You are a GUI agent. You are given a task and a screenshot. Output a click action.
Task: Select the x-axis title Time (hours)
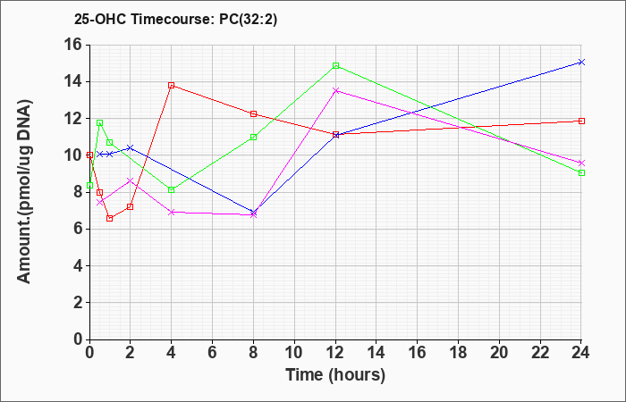[x=335, y=374]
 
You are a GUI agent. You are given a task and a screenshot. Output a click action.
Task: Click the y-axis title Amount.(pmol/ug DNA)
[x=26, y=191]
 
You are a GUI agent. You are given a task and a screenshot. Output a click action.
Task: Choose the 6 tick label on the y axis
[x=76, y=229]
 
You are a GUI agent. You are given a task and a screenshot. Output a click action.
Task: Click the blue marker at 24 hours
[x=581, y=62]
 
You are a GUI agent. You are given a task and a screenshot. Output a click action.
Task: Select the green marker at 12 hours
[x=335, y=65]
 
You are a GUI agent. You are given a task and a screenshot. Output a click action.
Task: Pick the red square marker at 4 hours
[x=171, y=85]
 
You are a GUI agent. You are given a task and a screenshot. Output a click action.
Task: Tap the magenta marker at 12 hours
[x=335, y=90]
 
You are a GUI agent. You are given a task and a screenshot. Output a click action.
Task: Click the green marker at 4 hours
[x=171, y=189]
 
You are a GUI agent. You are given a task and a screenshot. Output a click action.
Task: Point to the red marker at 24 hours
[x=581, y=121]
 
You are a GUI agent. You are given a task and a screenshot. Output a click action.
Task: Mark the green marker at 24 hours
[x=581, y=172]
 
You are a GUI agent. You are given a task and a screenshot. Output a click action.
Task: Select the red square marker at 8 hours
[x=253, y=114]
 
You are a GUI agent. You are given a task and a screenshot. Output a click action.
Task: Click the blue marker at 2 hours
[x=130, y=147]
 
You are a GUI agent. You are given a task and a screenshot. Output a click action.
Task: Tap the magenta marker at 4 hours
[x=171, y=212]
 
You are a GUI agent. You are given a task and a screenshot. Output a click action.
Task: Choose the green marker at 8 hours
[x=253, y=137]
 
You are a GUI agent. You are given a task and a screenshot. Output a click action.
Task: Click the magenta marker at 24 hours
[x=581, y=163]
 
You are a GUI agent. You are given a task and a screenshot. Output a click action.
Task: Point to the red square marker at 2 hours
[x=130, y=206]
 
